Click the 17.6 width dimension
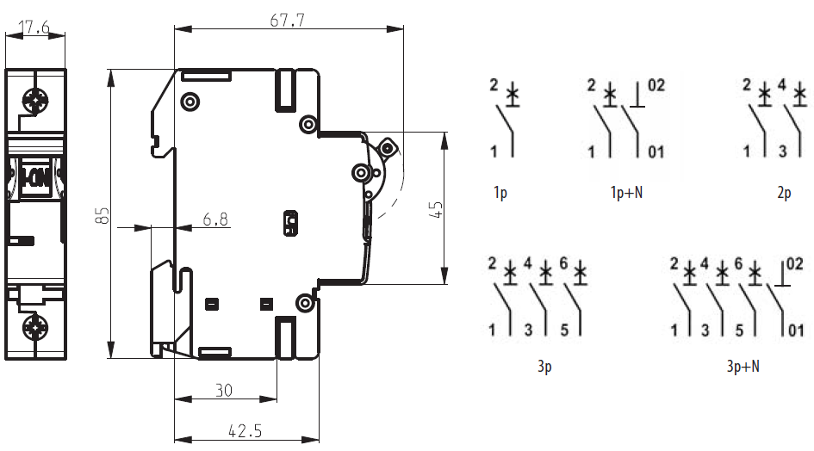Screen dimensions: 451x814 pos(34,28)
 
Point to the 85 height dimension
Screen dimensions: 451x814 pos(103,215)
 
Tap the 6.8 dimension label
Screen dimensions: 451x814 pos(215,219)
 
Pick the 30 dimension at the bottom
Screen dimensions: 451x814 pos(224,390)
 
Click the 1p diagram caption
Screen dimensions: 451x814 pos(500,194)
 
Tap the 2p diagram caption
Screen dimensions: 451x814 pos(783,194)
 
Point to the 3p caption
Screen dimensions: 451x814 pos(544,368)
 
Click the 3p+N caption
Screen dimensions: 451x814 pos(743,368)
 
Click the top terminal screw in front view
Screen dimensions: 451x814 pos(36,102)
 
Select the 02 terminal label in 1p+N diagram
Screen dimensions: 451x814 pos(656,85)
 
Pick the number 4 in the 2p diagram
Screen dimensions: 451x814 pos(782,85)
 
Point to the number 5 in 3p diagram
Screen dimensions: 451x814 pos(565,330)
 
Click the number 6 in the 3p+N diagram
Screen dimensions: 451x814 pos(738,264)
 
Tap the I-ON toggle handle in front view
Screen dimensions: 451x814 pos(35,178)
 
